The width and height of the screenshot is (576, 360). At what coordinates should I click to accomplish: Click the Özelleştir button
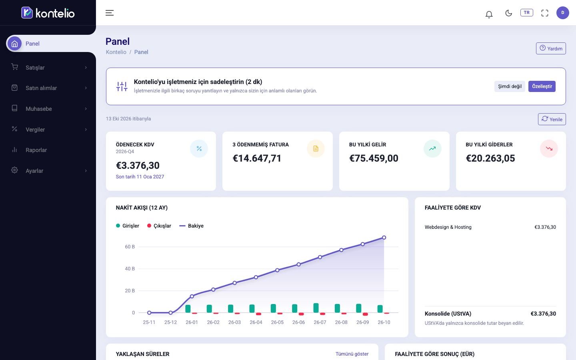point(542,86)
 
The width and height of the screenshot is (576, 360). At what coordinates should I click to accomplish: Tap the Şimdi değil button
point(510,86)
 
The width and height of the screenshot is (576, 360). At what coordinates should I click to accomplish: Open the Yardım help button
point(551,48)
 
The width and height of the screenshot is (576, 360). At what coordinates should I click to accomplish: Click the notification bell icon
point(489,14)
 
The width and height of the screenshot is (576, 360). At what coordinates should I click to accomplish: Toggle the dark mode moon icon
point(508,13)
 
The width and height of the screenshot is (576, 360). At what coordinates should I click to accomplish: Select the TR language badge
point(527,13)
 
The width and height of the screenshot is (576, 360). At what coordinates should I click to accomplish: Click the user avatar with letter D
point(563,13)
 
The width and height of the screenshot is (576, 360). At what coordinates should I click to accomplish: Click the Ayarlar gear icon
point(14,170)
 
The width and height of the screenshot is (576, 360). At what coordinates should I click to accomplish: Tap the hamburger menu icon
point(110,13)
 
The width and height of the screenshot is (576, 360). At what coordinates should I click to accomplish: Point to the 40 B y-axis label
point(130,269)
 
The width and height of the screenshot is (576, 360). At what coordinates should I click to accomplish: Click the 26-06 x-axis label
point(298,322)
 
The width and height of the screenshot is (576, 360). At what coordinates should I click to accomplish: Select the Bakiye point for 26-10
point(384,238)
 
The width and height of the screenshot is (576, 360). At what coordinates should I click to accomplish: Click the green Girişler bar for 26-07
point(316,308)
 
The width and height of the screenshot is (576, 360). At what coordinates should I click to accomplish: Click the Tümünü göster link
point(352,354)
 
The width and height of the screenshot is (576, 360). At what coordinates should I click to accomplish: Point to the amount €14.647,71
point(257,158)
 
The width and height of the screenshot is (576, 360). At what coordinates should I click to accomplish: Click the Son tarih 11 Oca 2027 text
point(140,177)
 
